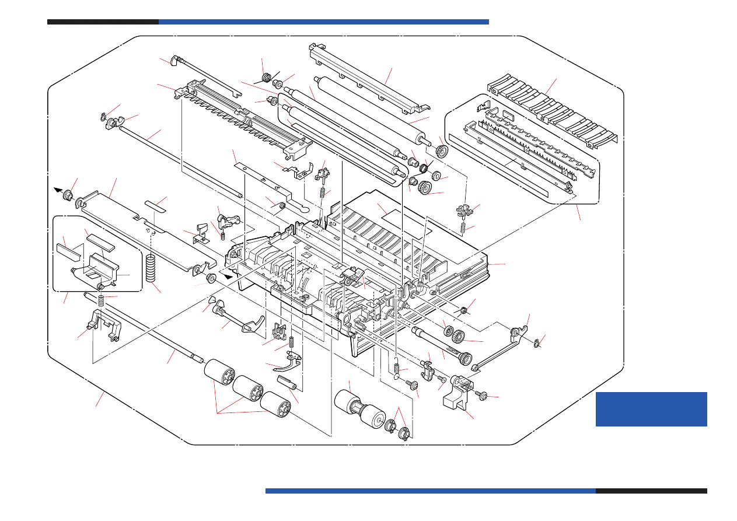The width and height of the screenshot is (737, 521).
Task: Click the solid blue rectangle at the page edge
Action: pyautogui.click(x=651, y=409)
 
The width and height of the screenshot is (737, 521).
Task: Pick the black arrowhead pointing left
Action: pyautogui.click(x=59, y=190)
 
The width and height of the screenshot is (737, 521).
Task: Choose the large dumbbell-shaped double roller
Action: pyautogui.click(x=357, y=410)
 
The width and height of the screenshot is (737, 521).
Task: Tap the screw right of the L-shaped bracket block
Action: pyautogui.click(x=483, y=396)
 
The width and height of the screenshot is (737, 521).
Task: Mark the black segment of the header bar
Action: pyautogui.click(x=103, y=22)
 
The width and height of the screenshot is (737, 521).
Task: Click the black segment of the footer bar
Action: pyautogui.click(x=651, y=491)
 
